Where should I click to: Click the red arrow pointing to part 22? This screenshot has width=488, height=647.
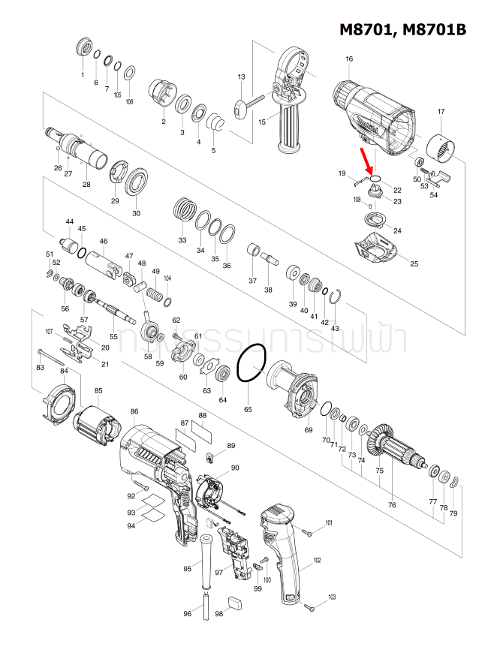(368, 161)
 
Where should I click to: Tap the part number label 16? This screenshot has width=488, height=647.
(349, 59)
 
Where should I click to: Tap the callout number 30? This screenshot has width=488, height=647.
(136, 213)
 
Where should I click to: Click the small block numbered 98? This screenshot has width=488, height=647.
(235, 601)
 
